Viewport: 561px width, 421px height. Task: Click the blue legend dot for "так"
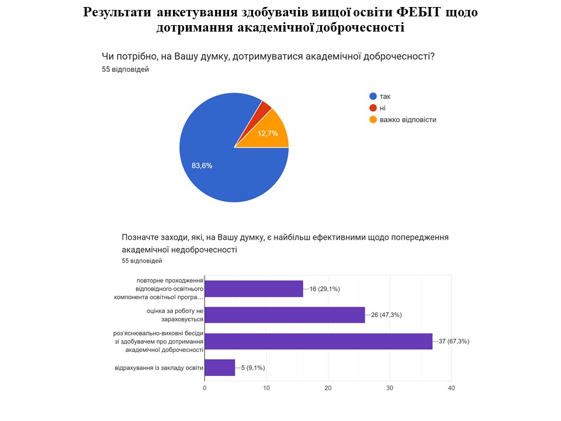(372, 96)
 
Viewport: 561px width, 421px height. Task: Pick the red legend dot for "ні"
(372, 108)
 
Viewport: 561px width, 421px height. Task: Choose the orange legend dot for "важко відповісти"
(372, 120)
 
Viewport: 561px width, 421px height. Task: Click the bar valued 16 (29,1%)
(254, 289)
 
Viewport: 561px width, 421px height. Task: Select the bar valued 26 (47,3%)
(285, 315)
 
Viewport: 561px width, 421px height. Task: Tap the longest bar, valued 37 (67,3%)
(318, 341)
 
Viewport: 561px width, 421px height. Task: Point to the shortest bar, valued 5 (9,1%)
(220, 368)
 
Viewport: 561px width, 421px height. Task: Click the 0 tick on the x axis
(205, 388)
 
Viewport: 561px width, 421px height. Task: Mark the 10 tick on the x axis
(266, 388)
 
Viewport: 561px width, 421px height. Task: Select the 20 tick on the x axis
(328, 388)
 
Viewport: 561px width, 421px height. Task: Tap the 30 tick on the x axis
(390, 388)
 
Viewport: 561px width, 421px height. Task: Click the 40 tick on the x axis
(451, 388)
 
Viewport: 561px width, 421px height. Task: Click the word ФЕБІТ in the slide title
(425, 12)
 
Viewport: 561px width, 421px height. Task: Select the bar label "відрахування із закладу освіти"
(159, 368)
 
